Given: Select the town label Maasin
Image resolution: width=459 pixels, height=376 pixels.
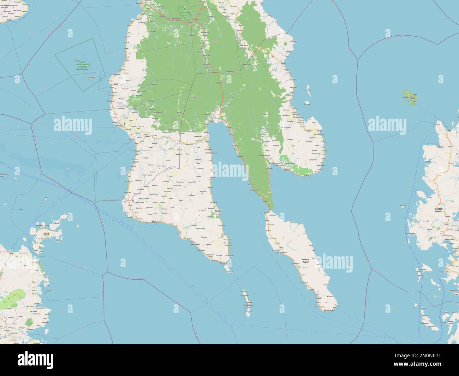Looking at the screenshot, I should pos(155,222).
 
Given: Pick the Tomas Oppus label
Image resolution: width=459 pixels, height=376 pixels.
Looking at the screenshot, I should pos(211,153).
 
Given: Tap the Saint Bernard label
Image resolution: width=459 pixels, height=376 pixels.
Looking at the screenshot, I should pos(274,163).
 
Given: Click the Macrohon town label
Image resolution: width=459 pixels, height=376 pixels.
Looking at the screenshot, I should pos(195,244).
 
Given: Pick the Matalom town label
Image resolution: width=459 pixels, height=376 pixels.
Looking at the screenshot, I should pos(134,162).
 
